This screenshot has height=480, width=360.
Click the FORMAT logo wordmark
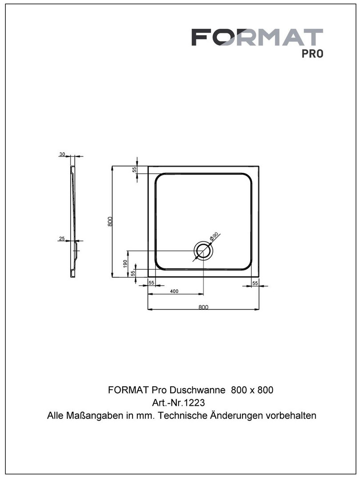257,37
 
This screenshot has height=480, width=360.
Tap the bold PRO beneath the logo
312,54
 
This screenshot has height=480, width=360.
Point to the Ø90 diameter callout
214,236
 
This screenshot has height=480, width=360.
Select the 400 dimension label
174,292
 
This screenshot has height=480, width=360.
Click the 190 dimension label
125,264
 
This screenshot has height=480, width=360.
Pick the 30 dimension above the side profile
62,154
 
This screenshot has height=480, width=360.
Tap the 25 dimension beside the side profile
62,239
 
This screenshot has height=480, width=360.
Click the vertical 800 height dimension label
110,221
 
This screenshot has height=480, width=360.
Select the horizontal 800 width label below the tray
203,307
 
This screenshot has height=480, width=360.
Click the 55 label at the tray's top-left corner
134,170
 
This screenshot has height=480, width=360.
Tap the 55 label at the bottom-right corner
255,284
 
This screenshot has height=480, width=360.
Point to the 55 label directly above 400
152,283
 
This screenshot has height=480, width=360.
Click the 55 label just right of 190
133,273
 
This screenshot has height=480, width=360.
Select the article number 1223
195,403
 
